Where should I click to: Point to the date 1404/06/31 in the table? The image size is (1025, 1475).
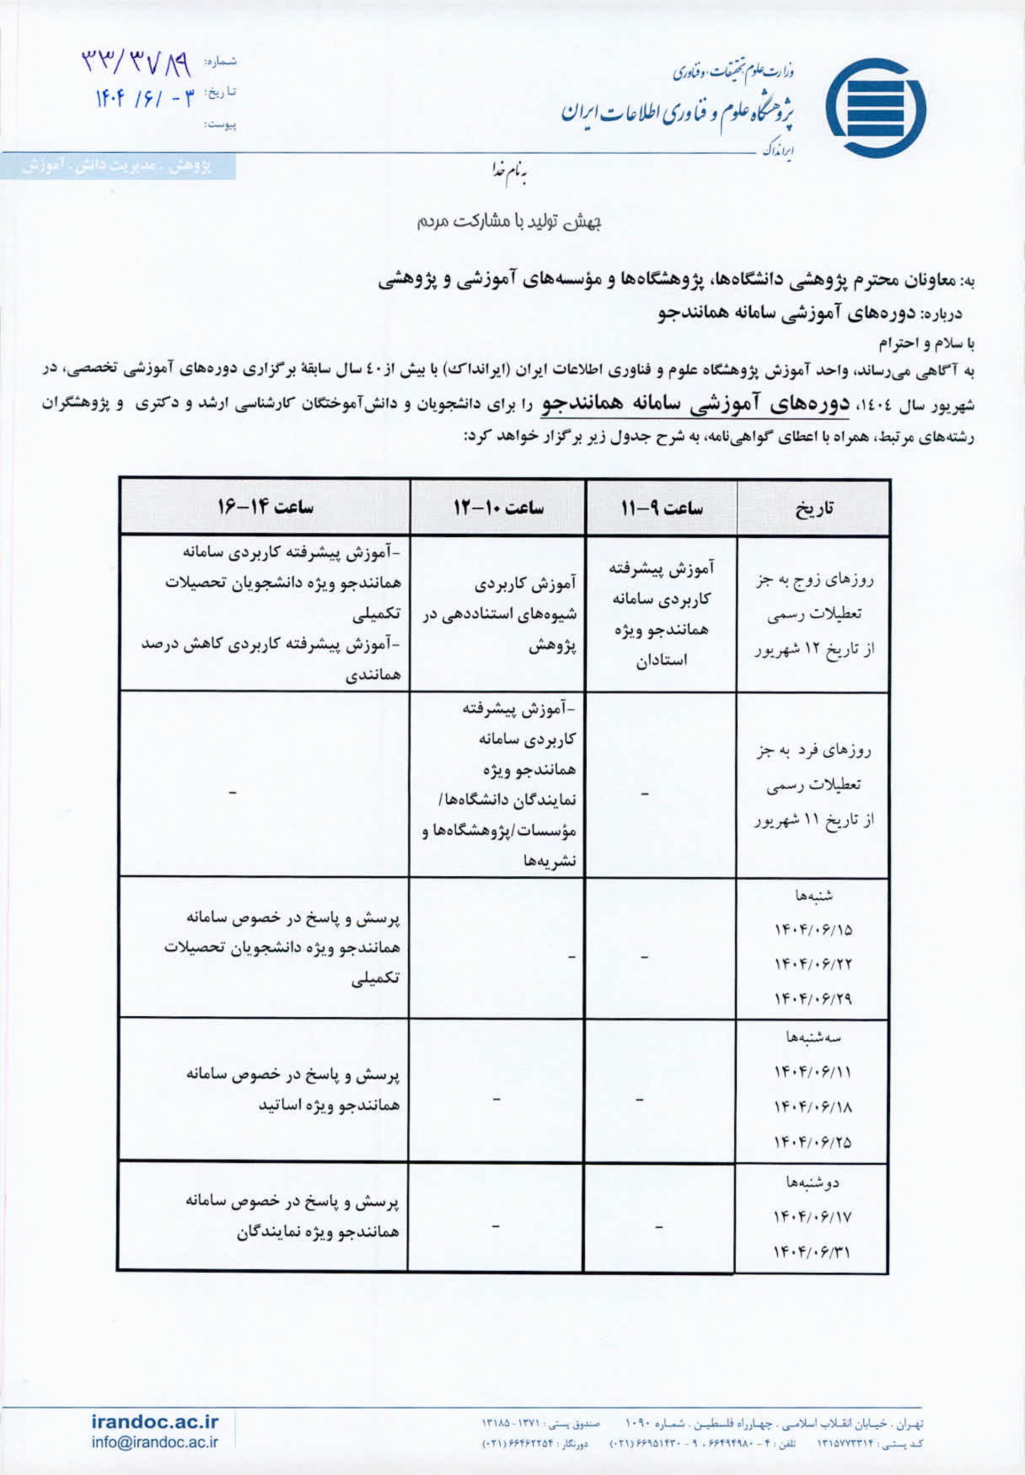pos(814,1251)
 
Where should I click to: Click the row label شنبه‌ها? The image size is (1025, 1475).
pos(814,896)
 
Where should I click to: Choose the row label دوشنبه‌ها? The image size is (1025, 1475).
pos(814,1183)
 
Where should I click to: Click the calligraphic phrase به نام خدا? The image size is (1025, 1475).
pos(509,172)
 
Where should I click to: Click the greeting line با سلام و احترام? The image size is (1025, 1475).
pos(925,344)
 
